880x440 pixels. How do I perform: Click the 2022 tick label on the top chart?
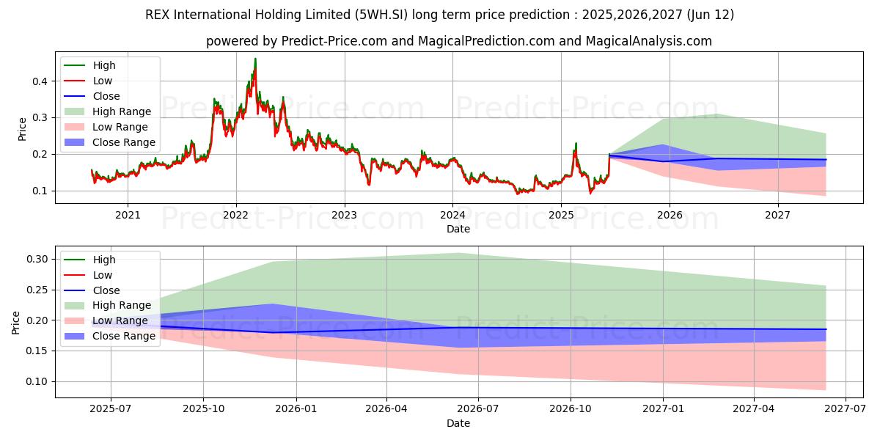click(235, 215)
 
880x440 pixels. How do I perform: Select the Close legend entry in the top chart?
click(106, 97)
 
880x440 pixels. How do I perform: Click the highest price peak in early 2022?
click(255, 59)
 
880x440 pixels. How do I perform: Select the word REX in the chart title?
click(158, 15)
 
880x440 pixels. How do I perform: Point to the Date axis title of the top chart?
click(458, 229)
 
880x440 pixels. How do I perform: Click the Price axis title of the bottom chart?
click(17, 322)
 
